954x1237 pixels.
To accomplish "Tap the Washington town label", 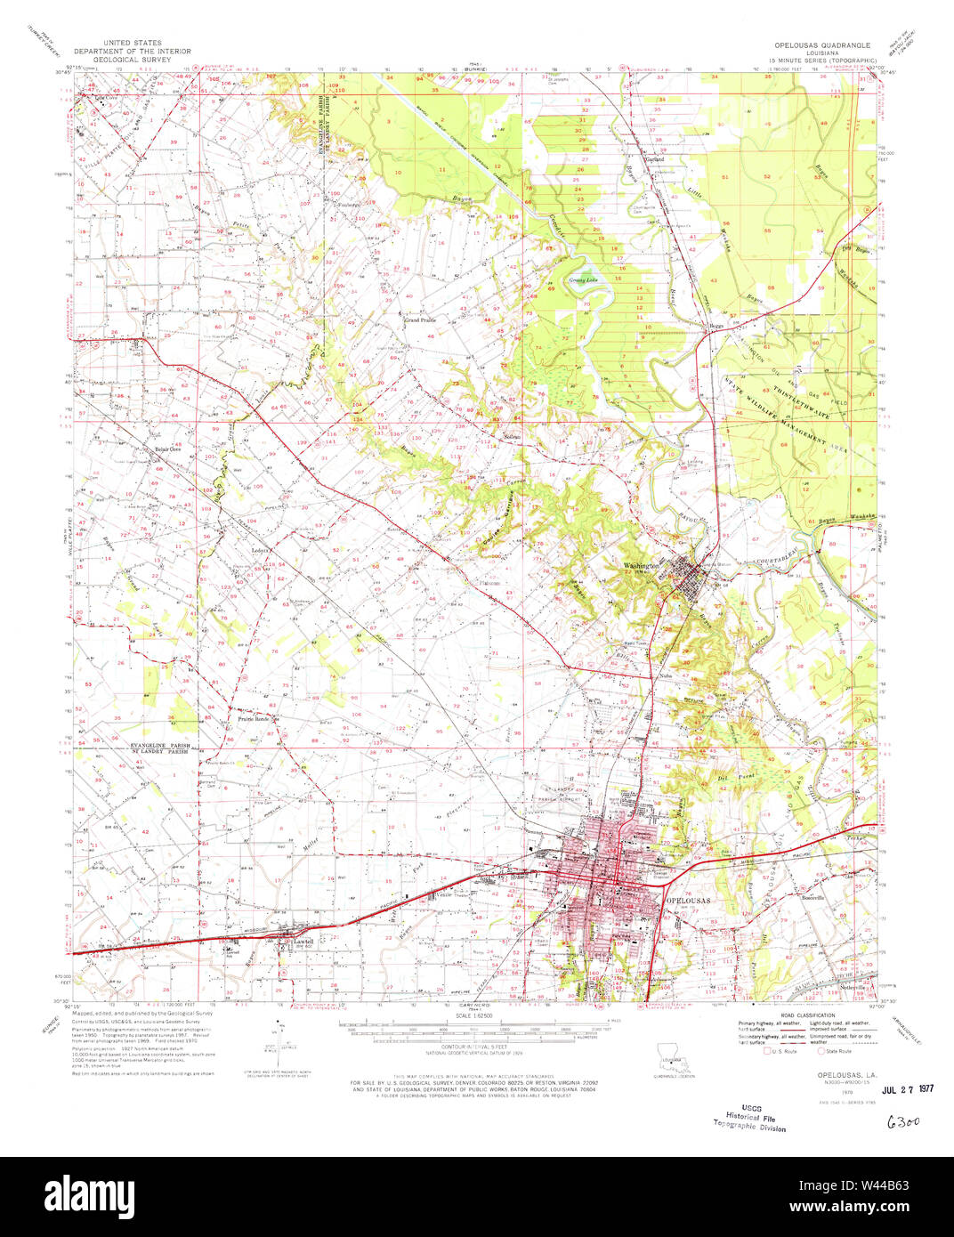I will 642,566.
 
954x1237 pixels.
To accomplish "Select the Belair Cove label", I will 169,449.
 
